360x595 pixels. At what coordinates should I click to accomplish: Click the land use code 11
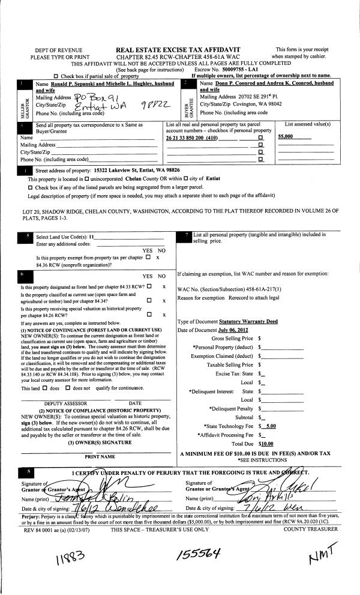coord(92,238)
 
